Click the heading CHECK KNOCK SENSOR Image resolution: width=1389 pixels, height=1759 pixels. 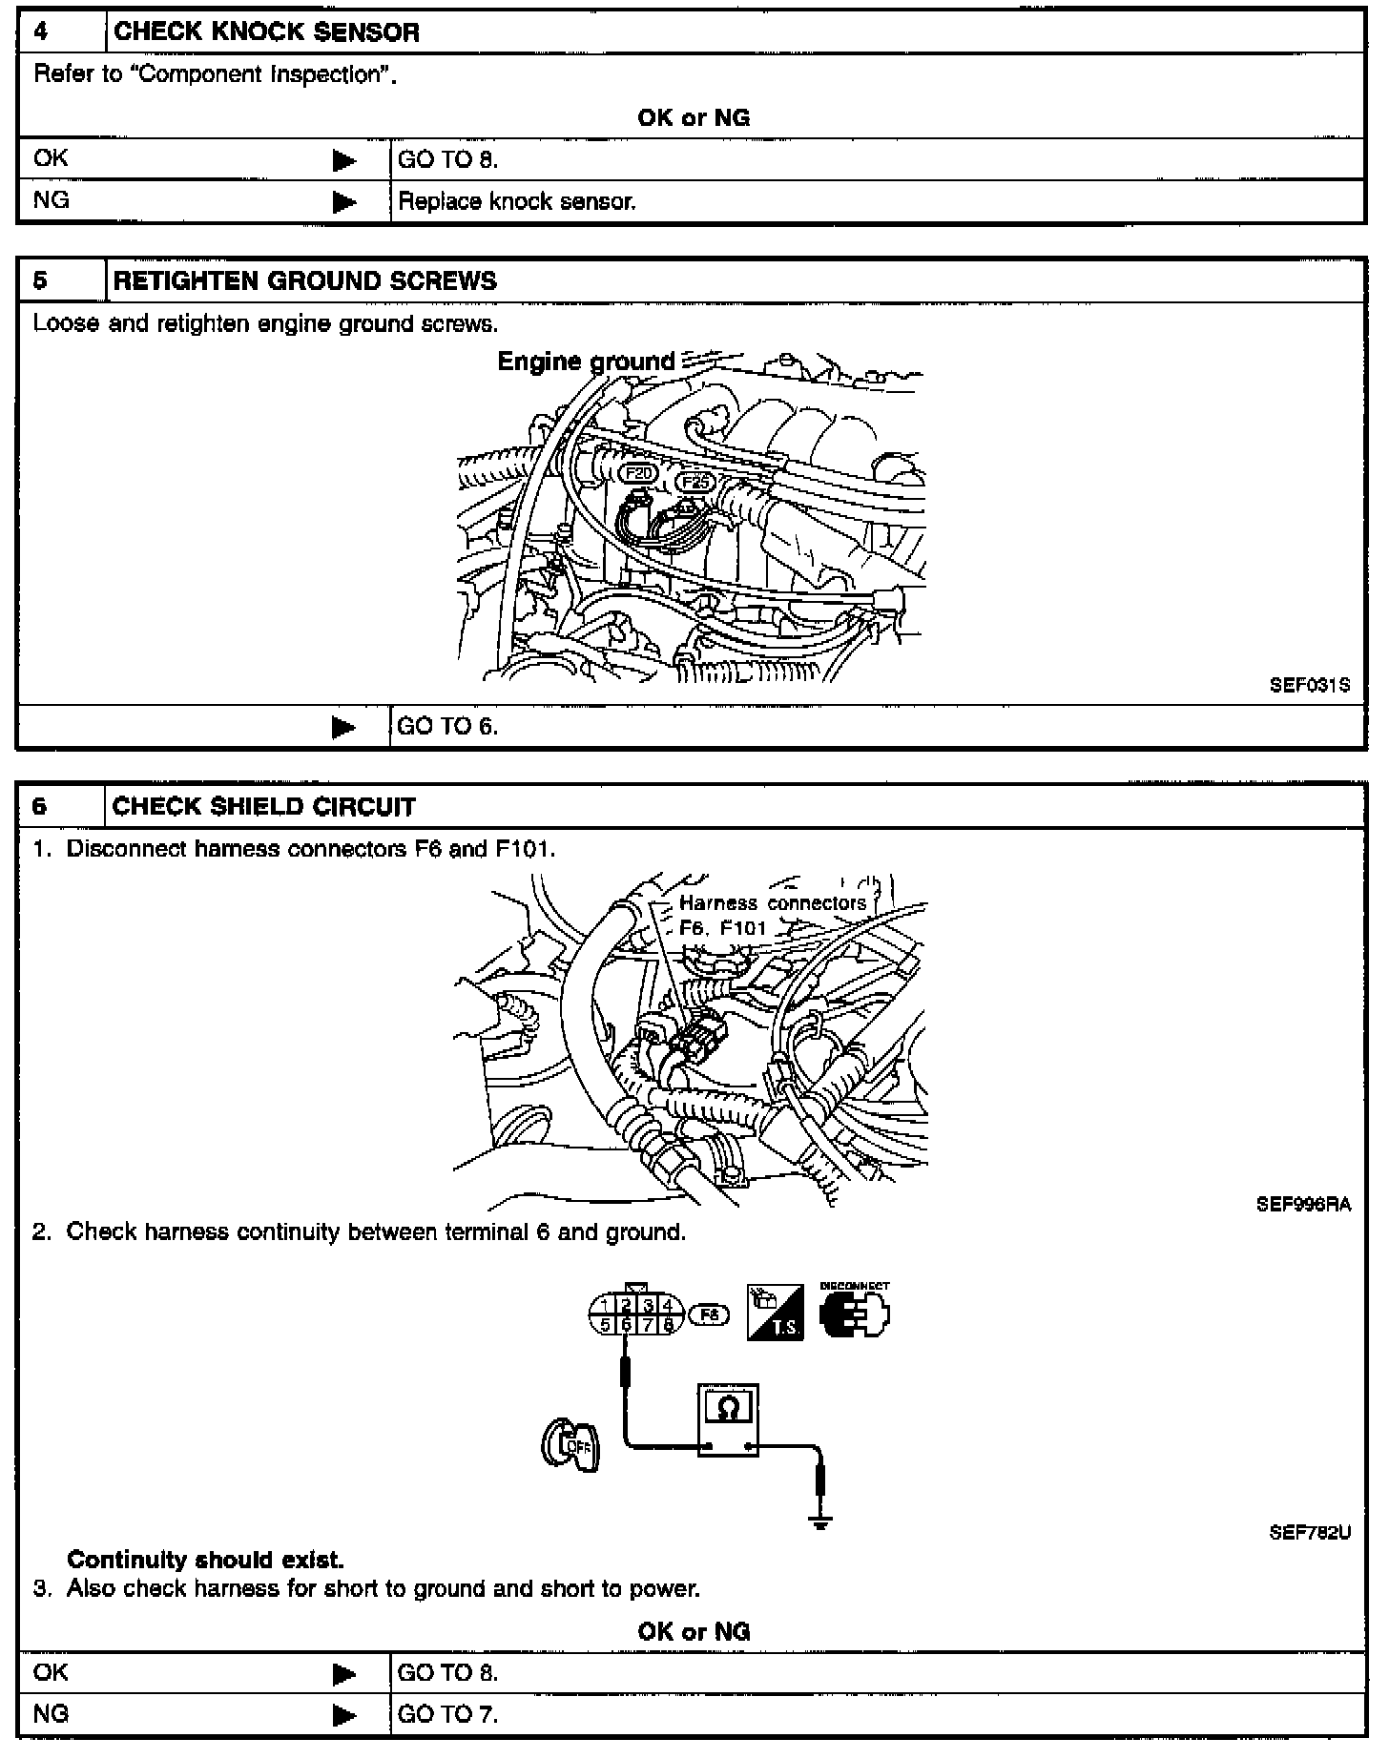266,32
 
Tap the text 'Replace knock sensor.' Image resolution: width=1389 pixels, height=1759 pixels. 516,202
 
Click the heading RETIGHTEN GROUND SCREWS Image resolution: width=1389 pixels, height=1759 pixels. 304,281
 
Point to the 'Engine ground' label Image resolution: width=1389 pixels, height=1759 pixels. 586,362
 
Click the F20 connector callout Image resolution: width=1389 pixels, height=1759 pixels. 639,473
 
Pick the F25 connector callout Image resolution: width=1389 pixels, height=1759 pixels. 695,483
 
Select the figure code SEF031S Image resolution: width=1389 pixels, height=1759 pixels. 1310,685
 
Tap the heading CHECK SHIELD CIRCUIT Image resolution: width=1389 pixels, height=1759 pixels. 263,807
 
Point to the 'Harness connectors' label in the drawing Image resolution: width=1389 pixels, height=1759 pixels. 772,903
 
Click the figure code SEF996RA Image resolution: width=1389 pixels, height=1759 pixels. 1303,1205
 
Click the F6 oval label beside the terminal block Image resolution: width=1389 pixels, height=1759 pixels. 708,1315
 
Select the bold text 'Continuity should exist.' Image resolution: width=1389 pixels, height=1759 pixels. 205,1560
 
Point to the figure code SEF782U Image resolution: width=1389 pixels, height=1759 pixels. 1310,1534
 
